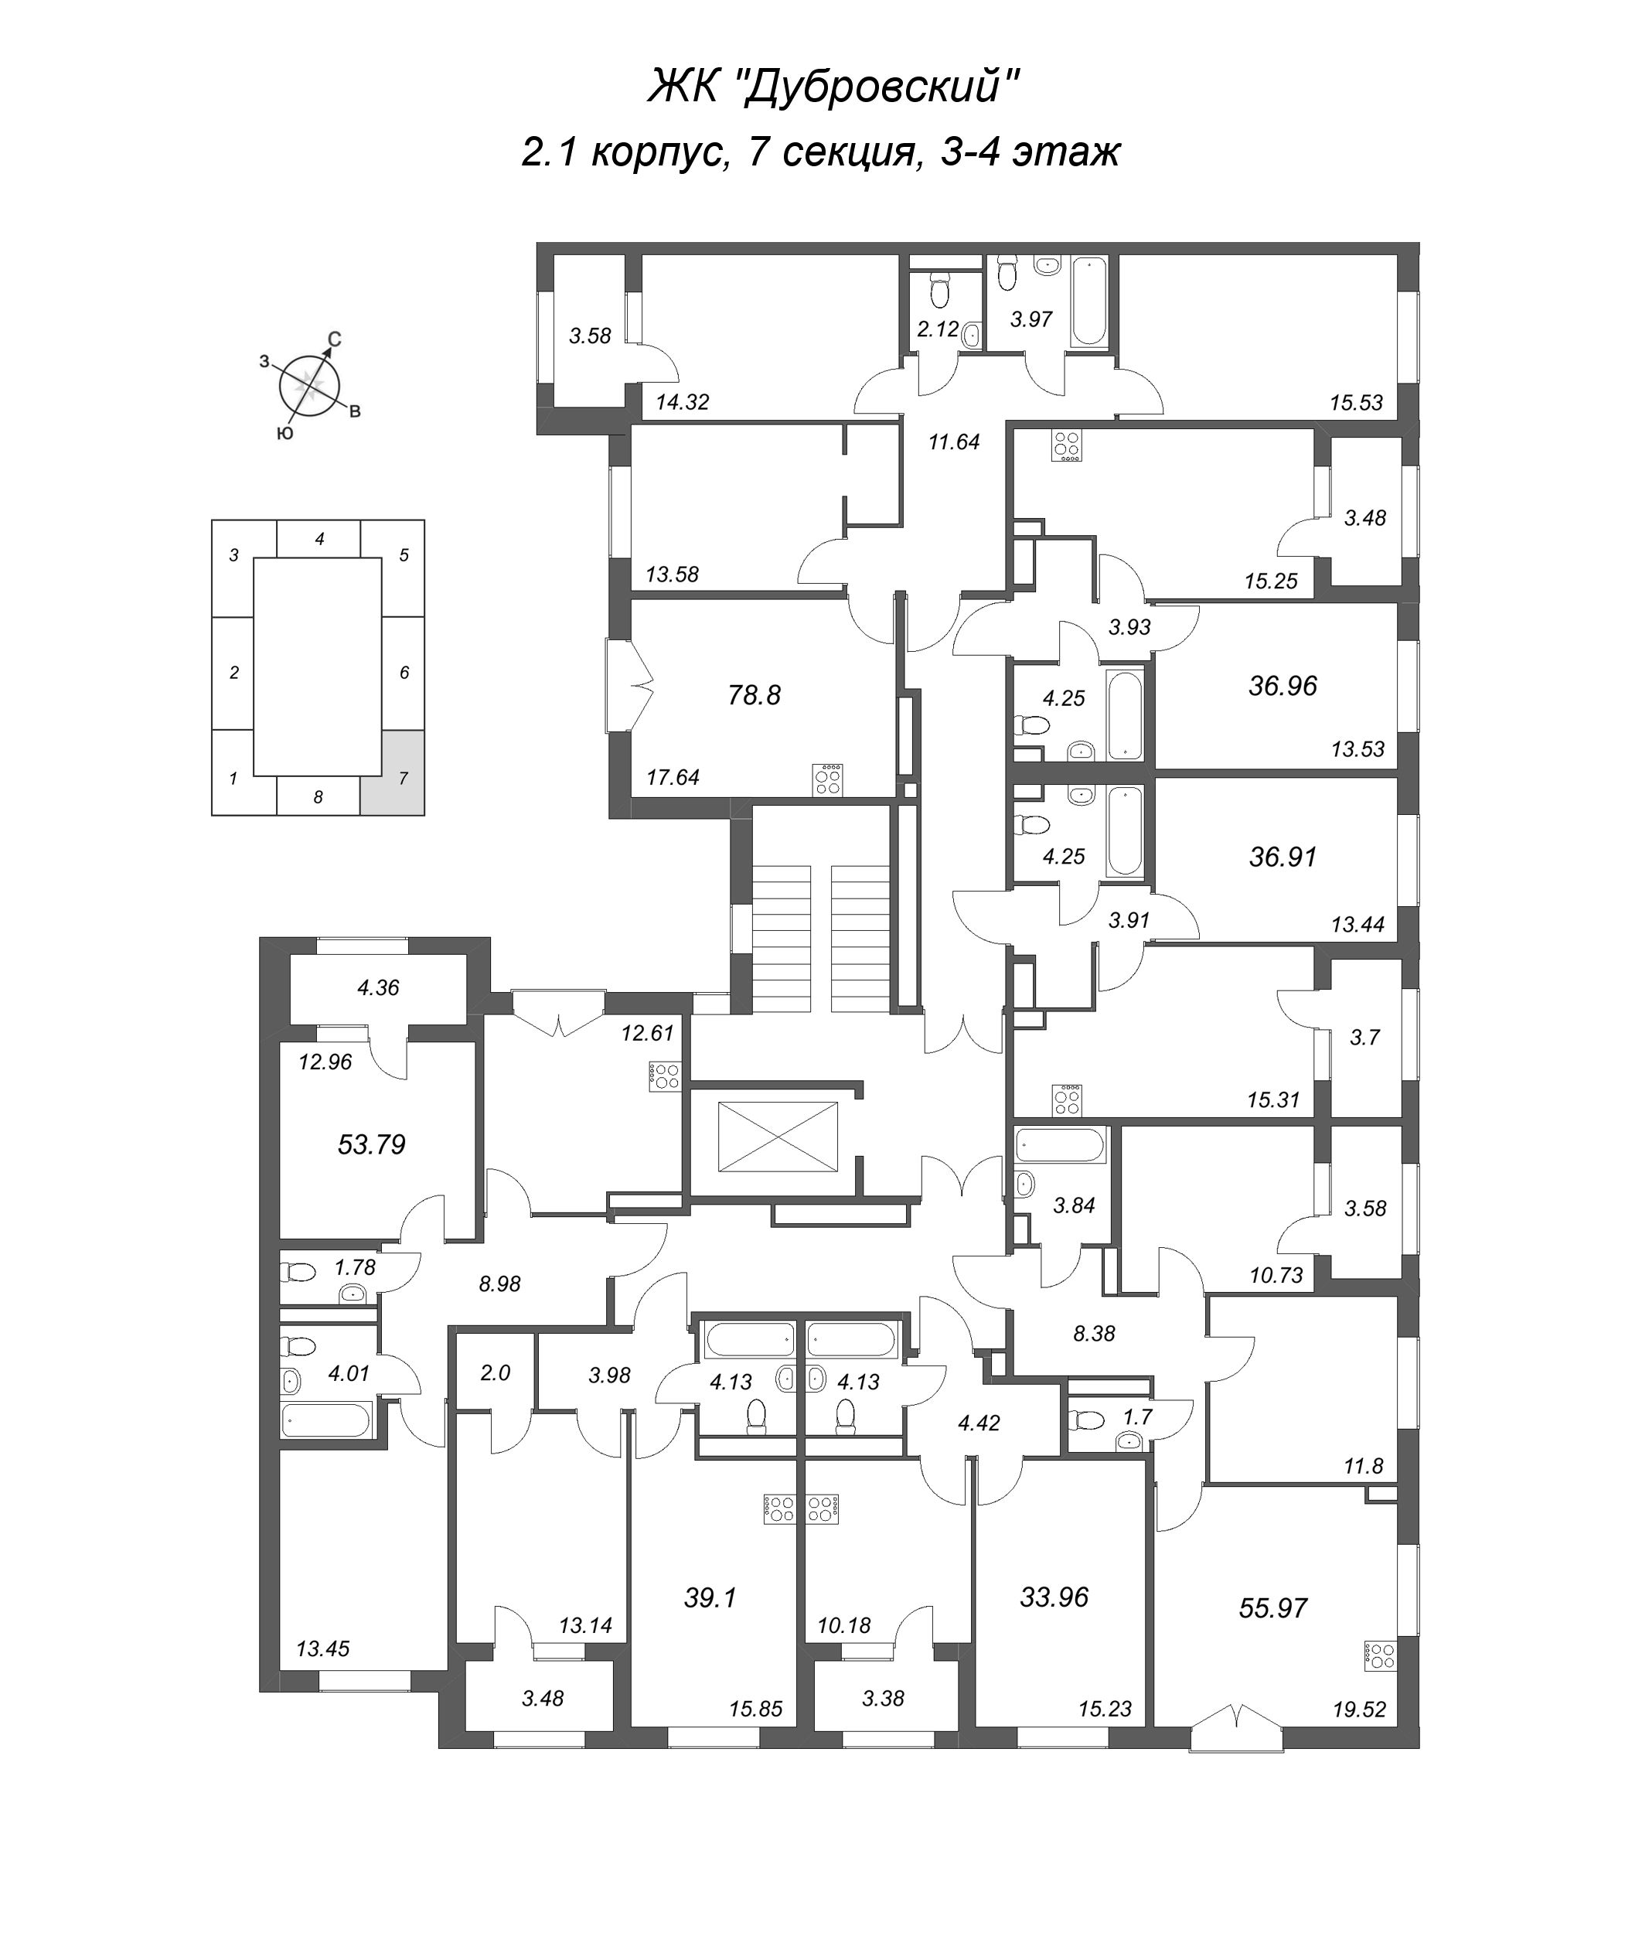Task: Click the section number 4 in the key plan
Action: click(319, 539)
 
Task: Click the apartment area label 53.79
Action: click(371, 1144)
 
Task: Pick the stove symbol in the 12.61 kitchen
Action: click(665, 1076)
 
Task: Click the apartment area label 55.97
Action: click(1272, 1607)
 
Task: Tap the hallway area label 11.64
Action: click(954, 442)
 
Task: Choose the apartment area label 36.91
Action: click(1283, 856)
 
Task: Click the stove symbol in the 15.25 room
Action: click(1066, 445)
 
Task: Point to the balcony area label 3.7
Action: click(1364, 1038)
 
